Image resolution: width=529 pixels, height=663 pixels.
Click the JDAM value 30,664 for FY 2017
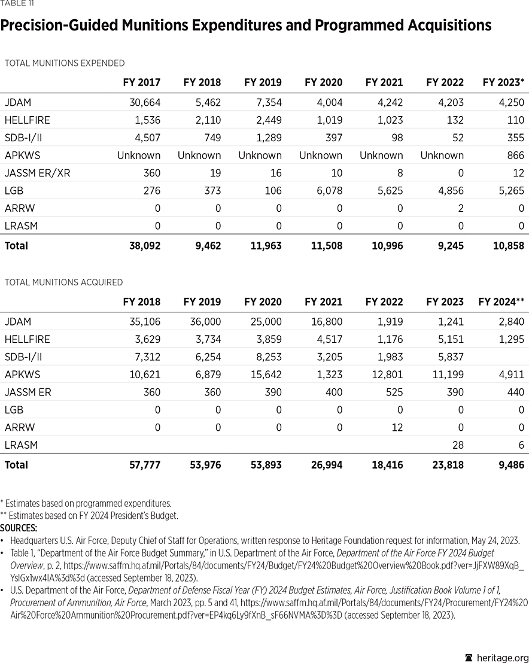[145, 102]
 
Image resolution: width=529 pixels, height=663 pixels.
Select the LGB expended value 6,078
[328, 191]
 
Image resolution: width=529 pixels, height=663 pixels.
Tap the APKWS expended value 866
[514, 155]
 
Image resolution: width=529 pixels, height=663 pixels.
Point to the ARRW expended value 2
[460, 208]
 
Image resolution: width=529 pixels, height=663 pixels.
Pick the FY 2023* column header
[503, 83]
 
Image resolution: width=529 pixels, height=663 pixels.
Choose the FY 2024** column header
[501, 302]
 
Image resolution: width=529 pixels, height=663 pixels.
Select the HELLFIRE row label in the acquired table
[27, 339]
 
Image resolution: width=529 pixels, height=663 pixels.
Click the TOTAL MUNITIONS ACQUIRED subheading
[63, 282]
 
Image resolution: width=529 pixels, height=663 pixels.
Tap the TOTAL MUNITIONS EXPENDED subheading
[65, 63]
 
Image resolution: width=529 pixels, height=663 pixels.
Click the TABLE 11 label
[17, 4]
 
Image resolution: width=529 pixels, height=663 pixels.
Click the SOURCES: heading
[19, 528]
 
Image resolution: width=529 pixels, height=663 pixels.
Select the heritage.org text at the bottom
[500, 657]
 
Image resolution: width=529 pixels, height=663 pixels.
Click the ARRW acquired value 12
[397, 427]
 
